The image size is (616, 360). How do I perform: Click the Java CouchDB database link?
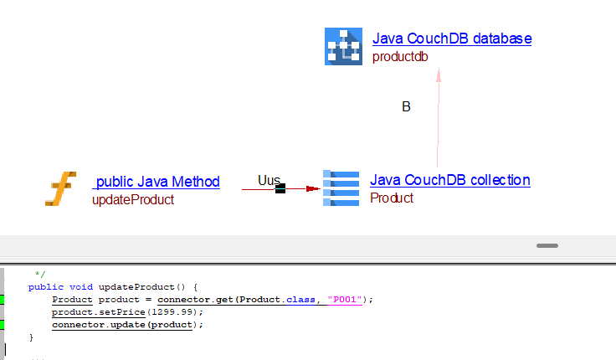point(452,39)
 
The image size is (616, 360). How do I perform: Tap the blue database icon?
point(343,46)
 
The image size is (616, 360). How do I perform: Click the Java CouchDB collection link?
point(450,180)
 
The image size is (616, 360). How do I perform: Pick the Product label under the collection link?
point(392,198)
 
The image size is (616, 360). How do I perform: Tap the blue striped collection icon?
point(341,188)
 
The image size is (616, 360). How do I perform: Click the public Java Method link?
point(157,182)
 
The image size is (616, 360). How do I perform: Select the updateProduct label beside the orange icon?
point(133,200)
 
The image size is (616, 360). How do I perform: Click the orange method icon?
point(60,189)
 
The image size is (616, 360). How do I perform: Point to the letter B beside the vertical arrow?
point(406,107)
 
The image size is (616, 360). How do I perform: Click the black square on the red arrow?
point(280,189)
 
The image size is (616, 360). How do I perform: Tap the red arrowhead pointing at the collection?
point(313,189)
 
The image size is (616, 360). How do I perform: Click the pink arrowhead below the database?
point(438,75)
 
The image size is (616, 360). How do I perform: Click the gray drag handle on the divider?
point(547,245)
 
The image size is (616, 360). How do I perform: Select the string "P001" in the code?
point(345,299)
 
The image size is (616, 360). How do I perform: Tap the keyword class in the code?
point(299,299)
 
